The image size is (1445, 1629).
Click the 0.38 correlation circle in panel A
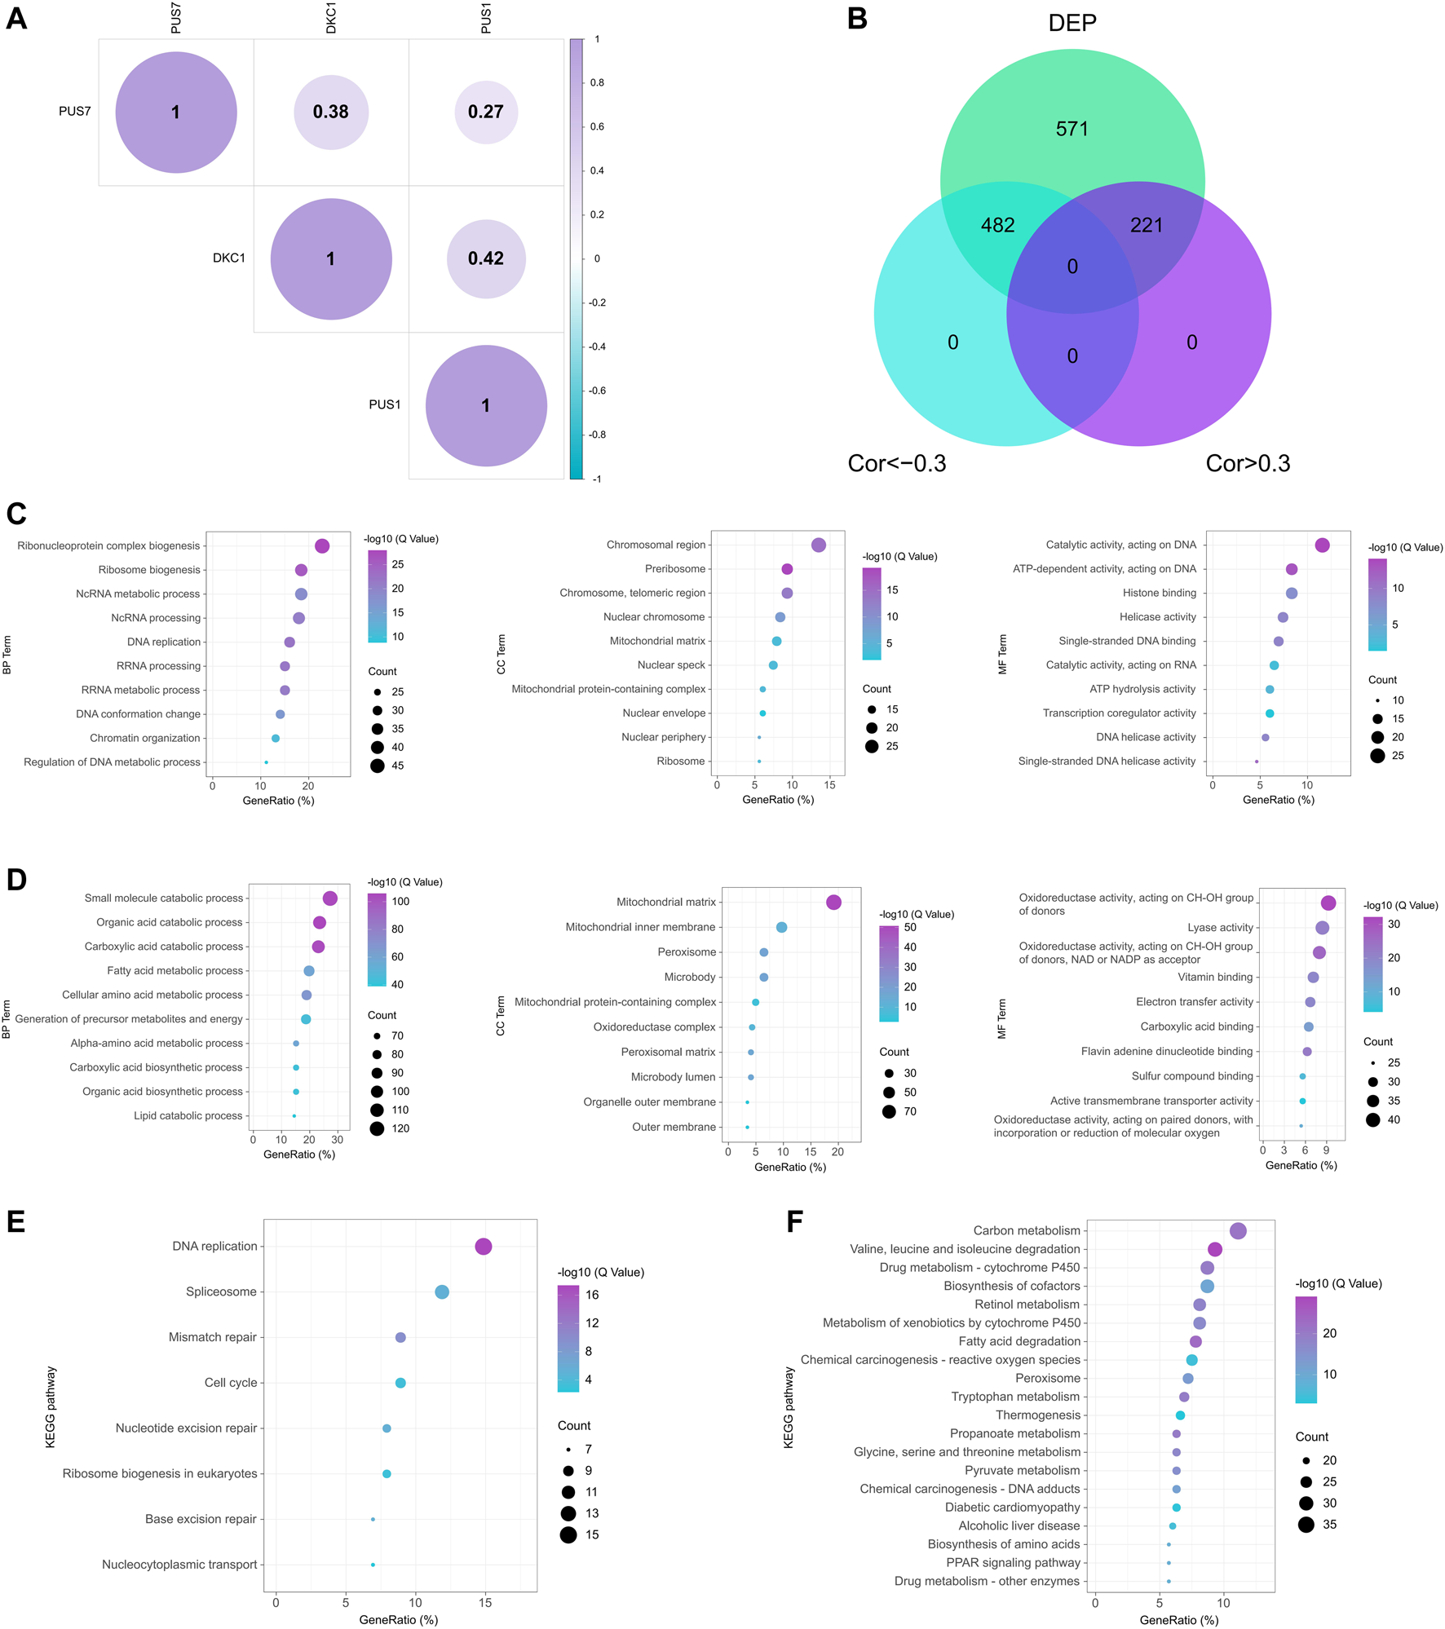(331, 112)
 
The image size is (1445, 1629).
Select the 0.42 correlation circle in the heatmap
(486, 258)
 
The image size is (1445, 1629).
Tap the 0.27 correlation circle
(486, 112)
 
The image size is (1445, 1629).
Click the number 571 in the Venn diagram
(1072, 129)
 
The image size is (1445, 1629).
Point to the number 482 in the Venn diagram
(997, 225)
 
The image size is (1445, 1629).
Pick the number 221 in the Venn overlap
(1146, 225)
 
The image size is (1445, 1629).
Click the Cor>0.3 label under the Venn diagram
(1248, 463)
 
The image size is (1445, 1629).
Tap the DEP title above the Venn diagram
(1072, 23)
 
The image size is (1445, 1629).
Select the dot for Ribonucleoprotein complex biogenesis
(322, 546)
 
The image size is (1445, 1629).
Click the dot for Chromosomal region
(819, 545)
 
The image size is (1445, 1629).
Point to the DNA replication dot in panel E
(484, 1247)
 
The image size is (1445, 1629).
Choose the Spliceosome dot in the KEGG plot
(442, 1292)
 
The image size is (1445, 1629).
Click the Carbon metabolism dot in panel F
(1238, 1231)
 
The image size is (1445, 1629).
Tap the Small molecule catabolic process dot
(330, 898)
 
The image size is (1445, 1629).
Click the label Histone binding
(1159, 593)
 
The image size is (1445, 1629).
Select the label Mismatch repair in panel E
(212, 1337)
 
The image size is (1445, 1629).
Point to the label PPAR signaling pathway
(1013, 1562)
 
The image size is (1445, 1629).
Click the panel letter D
(16, 881)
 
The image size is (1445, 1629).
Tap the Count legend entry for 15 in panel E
(568, 1535)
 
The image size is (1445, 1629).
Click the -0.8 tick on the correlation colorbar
(598, 435)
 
